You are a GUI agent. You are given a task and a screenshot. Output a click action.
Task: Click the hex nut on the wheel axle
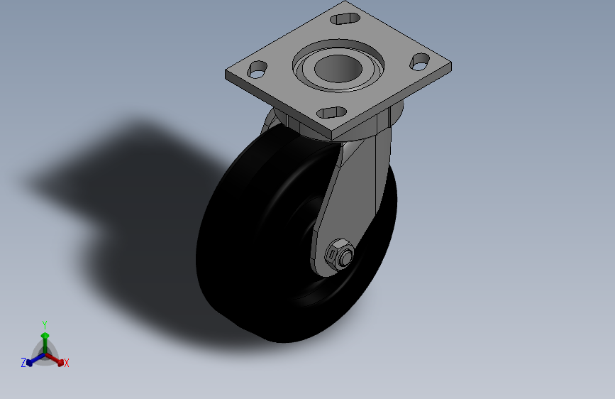tap(339, 254)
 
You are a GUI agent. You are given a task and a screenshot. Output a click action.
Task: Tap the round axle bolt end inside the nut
tap(345, 257)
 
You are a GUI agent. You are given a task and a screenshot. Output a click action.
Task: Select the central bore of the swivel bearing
tap(338, 68)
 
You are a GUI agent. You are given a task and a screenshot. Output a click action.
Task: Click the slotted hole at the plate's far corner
tap(345, 19)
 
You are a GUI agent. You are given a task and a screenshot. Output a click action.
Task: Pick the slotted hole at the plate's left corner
tap(257, 70)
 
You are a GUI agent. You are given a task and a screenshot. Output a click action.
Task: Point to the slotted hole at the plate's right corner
tap(420, 62)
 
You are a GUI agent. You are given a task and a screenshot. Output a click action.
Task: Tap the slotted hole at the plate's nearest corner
tap(331, 113)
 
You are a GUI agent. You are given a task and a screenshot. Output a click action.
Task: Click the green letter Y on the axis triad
tap(45, 325)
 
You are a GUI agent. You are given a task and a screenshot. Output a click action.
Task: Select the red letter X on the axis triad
tap(66, 364)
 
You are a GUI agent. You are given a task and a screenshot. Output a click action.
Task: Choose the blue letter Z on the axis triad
tap(23, 363)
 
